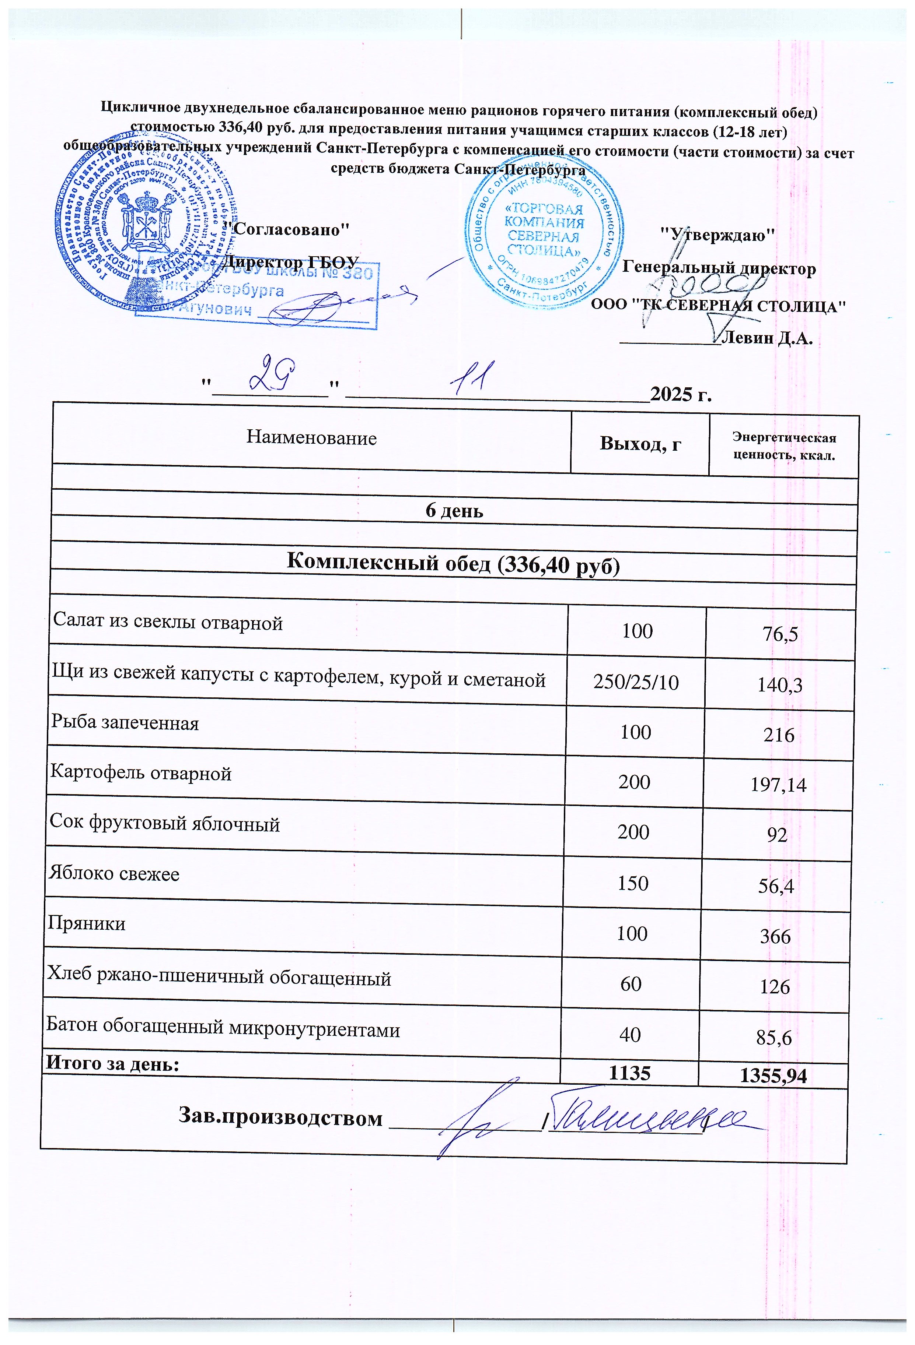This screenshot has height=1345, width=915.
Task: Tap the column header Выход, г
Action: tap(640, 443)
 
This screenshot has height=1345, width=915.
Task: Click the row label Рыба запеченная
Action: tap(125, 723)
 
